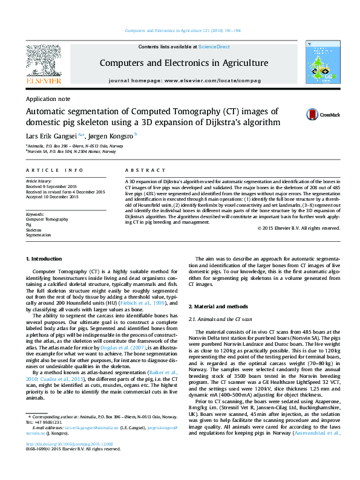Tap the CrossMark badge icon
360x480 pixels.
pyautogui.click(x=313, y=114)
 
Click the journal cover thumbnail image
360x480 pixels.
pyautogui.click(x=322, y=63)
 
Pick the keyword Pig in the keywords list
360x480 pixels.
pyautogui.click(x=28, y=224)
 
